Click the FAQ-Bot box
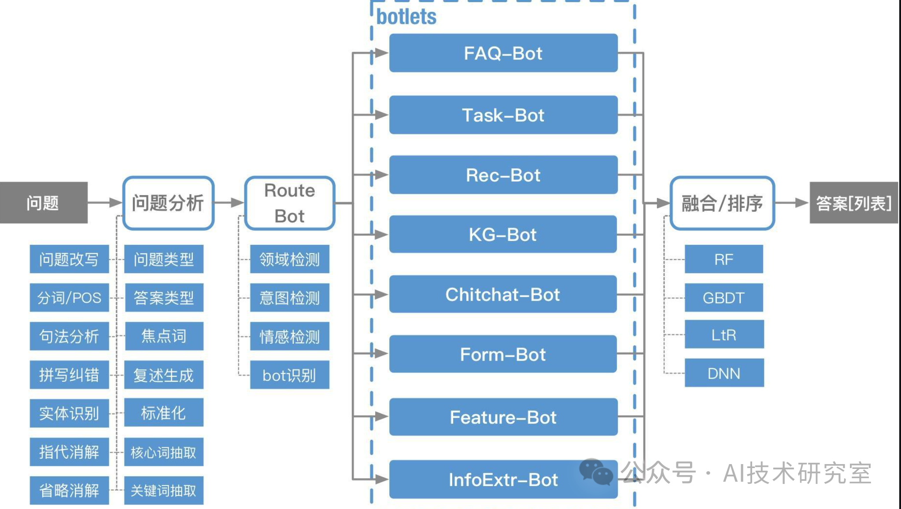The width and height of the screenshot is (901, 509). (x=503, y=53)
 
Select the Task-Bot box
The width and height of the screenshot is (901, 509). (x=503, y=115)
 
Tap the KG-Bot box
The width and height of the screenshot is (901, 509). (x=503, y=234)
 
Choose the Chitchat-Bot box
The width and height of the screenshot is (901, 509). (x=503, y=294)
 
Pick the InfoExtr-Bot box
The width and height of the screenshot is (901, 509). (x=503, y=479)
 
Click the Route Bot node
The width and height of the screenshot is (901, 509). (x=290, y=203)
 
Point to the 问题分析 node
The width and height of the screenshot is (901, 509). (x=168, y=203)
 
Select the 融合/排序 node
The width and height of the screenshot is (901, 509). (x=722, y=203)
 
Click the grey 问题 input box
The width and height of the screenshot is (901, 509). (x=43, y=203)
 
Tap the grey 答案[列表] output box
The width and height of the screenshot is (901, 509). (x=853, y=203)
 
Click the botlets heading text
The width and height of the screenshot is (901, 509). (x=406, y=17)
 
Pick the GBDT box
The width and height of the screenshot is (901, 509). (x=724, y=298)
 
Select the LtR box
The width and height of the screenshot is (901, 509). (x=724, y=335)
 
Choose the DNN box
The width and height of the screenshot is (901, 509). (x=724, y=373)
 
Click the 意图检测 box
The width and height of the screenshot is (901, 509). (x=289, y=298)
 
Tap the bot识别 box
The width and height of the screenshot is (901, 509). (x=289, y=375)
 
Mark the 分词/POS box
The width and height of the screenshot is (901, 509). (x=69, y=298)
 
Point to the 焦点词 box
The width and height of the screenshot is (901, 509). (x=164, y=336)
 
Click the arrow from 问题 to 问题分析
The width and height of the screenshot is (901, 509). (x=105, y=203)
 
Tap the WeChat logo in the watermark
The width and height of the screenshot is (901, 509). (x=596, y=472)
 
